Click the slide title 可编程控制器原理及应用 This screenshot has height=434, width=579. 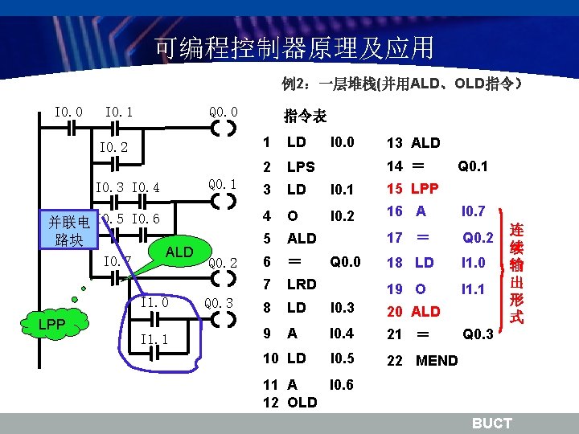pos(294,48)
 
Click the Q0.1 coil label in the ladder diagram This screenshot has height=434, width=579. pos(223,185)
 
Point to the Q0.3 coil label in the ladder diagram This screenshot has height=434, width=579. pos(220,303)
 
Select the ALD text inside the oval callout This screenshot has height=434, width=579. pos(179,252)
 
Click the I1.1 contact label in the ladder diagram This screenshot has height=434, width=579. pos(154,340)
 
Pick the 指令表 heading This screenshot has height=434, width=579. pos(305,117)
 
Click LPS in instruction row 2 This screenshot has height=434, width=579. pos(302,168)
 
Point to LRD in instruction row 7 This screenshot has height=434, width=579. pos(302,284)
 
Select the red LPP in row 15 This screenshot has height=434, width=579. pos(424,189)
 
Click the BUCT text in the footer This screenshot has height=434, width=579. pos(491,423)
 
